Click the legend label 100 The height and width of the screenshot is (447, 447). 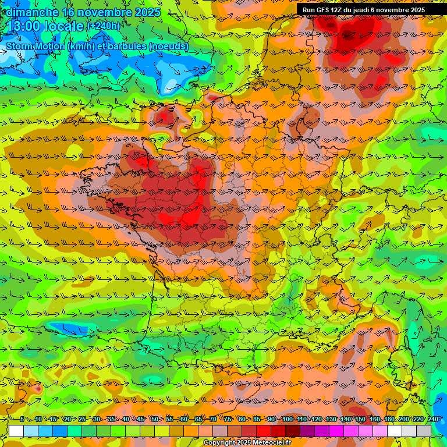288,419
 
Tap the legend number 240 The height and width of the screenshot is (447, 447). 432,419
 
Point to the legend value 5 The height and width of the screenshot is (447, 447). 22,419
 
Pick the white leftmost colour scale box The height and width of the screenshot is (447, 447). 16,431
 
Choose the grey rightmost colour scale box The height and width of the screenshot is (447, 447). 424,431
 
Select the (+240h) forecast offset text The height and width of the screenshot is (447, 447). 104,26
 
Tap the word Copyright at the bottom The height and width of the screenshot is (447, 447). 219,443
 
